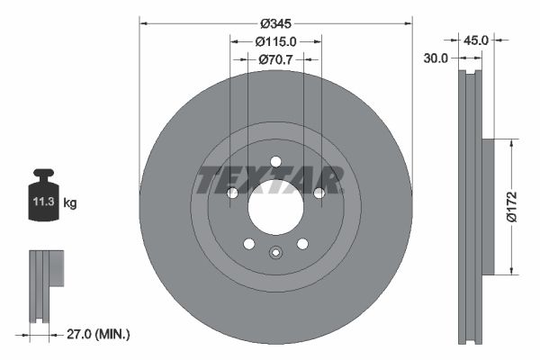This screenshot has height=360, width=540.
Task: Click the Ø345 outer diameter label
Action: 275,23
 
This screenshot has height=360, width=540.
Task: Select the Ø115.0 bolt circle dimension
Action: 275,41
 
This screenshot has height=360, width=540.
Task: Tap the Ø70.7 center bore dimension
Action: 275,59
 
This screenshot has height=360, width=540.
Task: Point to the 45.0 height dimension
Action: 475,40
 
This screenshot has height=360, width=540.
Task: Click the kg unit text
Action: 70,203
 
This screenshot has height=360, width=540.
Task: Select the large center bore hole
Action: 275,208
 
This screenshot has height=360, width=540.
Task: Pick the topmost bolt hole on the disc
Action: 275,162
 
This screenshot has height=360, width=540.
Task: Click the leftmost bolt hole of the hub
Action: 231,193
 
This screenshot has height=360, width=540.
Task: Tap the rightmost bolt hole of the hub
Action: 319,193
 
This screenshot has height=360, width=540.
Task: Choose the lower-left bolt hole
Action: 248,243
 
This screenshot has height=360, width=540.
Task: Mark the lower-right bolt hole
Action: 302,243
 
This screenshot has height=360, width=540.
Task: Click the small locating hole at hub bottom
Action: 275,253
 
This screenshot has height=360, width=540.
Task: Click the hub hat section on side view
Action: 488,206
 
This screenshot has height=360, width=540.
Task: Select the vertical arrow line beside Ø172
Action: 513,206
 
